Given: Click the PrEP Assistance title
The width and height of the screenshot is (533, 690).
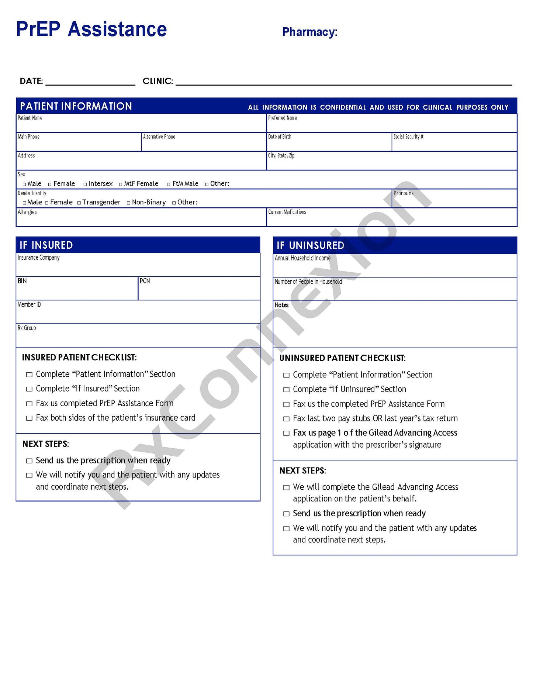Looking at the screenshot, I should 91,29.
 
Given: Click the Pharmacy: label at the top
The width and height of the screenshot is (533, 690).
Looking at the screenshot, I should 309,32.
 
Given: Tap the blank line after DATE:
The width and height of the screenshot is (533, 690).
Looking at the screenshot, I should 90,82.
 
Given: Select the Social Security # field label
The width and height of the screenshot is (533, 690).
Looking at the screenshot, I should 408,137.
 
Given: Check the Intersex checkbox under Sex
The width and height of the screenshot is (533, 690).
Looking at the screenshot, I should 85,184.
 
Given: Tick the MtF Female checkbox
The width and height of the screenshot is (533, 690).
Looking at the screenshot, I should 121,184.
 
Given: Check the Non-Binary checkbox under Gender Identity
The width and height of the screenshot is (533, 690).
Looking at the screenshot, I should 128,203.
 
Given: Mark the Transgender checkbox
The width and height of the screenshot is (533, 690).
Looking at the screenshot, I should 79,203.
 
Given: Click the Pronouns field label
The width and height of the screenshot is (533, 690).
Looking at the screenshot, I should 403,193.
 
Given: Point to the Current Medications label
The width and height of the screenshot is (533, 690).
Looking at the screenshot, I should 287,212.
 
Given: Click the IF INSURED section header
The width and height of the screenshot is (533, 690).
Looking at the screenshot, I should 46,245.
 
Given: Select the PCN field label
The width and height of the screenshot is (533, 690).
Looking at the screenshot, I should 145,281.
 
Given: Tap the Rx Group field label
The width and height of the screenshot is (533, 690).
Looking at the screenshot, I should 27,328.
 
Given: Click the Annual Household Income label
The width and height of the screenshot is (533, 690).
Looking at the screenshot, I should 302,258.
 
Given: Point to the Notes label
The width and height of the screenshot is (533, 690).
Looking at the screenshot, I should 281,305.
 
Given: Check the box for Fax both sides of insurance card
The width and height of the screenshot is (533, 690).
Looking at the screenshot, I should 29,418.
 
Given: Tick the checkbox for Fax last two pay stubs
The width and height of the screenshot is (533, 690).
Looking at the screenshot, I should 286,419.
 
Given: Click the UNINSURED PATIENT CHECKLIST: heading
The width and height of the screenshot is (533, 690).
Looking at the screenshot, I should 342,358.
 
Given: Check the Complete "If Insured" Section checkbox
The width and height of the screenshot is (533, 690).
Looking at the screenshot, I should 29,389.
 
